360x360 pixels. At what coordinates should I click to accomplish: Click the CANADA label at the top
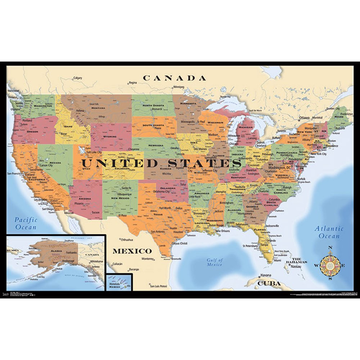coord(175,78)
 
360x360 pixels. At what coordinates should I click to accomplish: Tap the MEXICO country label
coord(132,251)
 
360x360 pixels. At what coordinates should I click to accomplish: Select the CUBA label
coord(269,283)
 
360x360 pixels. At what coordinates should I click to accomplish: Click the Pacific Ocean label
coord(26,223)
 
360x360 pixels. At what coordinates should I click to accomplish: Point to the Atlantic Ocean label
coord(329,232)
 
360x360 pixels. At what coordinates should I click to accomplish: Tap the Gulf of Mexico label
coord(215,262)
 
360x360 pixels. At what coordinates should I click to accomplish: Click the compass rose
coord(329,265)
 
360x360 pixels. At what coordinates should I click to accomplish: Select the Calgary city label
coord(78,78)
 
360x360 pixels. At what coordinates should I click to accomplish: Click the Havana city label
coord(265,276)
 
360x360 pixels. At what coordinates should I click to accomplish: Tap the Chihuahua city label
coord(127,239)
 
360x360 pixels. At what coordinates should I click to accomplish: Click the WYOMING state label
coord(110,137)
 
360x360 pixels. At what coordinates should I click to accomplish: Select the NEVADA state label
coord(55,163)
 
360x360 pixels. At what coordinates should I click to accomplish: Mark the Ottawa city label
coord(304,118)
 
